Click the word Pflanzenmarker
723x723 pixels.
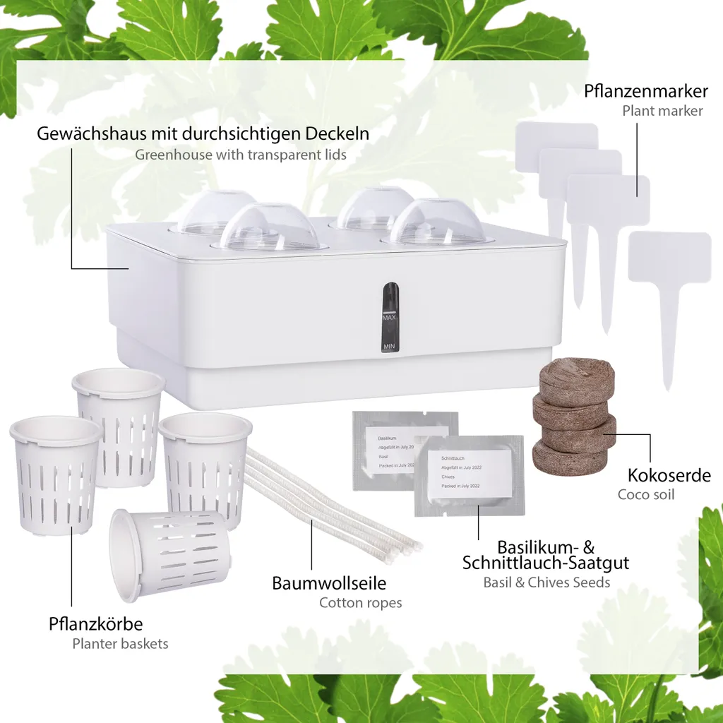coord(646,91)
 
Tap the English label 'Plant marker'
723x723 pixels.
coord(662,111)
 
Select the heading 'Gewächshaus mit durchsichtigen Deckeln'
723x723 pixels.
coord(203,133)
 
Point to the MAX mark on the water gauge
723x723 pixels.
coord(389,318)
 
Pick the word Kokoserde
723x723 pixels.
coord(669,475)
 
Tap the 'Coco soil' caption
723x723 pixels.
coord(646,494)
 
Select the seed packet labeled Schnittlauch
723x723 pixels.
coord(470,474)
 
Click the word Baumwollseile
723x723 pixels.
coord(329,584)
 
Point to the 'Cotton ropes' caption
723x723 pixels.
coord(360,603)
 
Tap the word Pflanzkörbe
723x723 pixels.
coord(95,624)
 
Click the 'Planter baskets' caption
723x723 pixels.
coord(120,643)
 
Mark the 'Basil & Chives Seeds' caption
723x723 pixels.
coord(546,582)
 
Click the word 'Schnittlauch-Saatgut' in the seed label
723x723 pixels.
coord(545,563)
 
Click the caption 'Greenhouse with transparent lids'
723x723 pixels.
coord(241,154)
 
